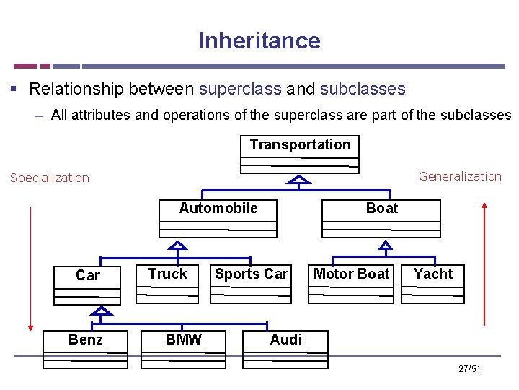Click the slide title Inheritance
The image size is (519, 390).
tap(259, 40)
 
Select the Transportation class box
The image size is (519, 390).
tap(300, 152)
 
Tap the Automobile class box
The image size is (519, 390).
tap(218, 217)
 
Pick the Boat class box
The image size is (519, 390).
tap(381, 217)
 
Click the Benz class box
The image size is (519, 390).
tap(85, 349)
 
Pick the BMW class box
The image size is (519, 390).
tap(184, 349)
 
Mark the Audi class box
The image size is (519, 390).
tap(286, 349)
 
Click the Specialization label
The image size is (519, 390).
tap(50, 178)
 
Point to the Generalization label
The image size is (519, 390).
tap(460, 176)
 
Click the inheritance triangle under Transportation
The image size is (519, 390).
tap(299, 180)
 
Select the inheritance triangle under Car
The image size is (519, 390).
tap(103, 311)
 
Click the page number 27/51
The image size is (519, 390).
tap(469, 369)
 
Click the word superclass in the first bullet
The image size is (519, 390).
tap(240, 89)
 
